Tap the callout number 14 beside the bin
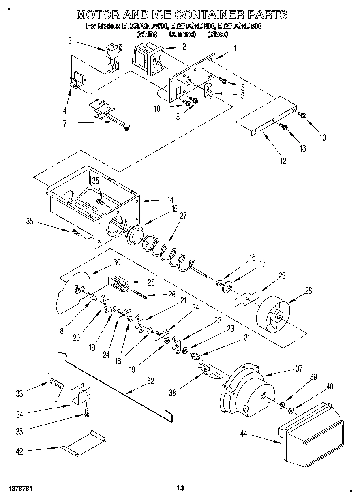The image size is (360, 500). pyautogui.click(x=169, y=199)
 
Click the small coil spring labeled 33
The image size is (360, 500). pyautogui.click(x=57, y=382)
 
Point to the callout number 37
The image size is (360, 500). pyautogui.click(x=299, y=368)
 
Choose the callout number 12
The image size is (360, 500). pyautogui.click(x=283, y=161)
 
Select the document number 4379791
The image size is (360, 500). pyautogui.click(x=19, y=488)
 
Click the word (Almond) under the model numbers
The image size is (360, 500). pyautogui.click(x=182, y=34)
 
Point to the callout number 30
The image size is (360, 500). pyautogui.click(x=117, y=262)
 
